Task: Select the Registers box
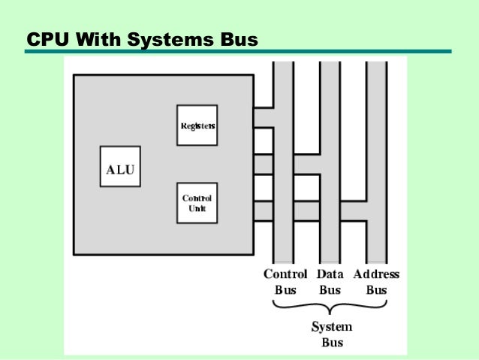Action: pos(197,125)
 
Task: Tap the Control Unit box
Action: pos(197,203)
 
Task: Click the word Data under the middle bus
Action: pos(330,274)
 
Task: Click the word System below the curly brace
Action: pos(331,328)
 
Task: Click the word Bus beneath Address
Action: pos(376,290)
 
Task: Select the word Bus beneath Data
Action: pos(330,290)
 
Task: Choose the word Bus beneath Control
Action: pos(285,290)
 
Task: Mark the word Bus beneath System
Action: pos(331,343)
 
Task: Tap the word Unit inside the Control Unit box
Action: pos(197,208)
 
